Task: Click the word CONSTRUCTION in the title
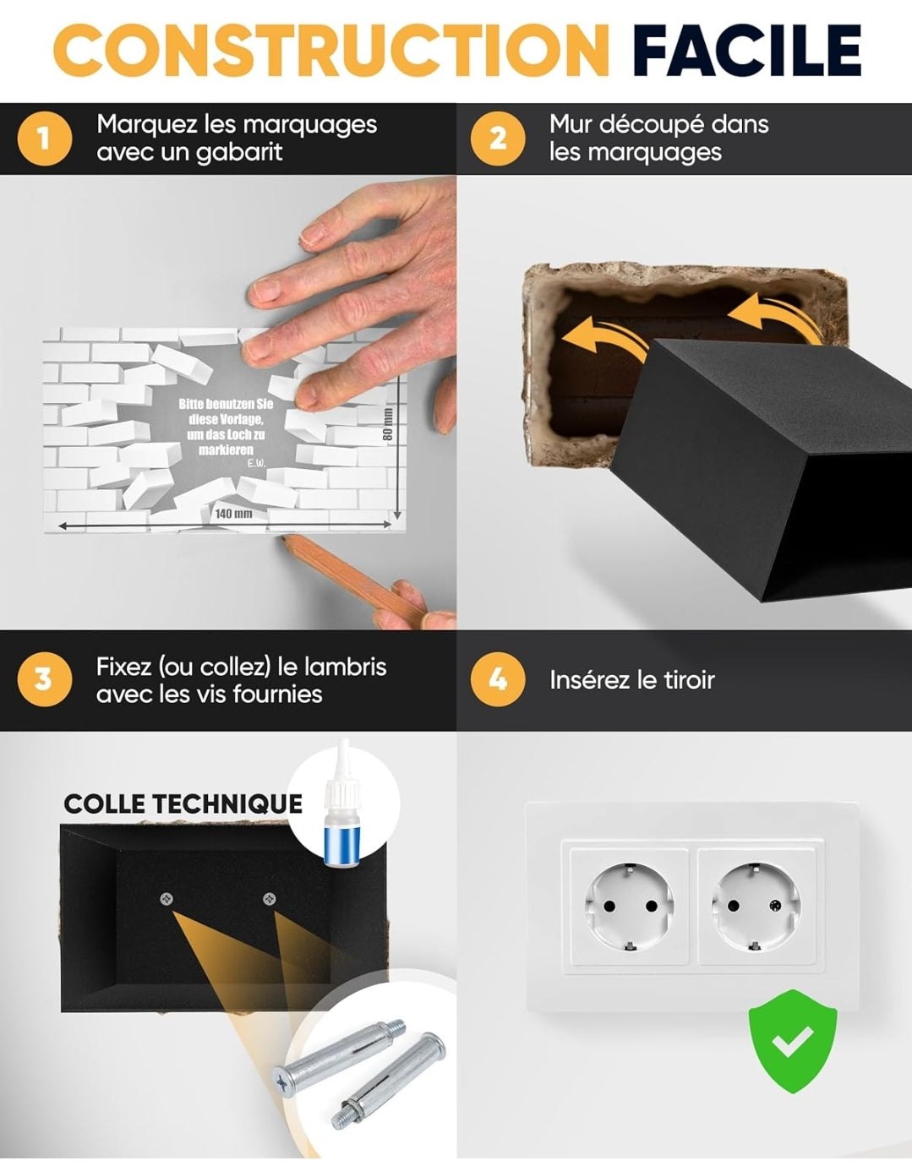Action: tap(331, 50)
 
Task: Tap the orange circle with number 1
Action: tap(45, 139)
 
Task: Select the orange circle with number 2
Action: tap(498, 139)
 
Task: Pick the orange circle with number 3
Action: tap(45, 679)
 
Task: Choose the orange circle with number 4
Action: tap(498, 679)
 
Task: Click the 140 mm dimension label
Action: tap(233, 514)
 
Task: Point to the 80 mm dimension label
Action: tap(388, 424)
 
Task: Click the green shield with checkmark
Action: tap(792, 1042)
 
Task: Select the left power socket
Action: tap(630, 907)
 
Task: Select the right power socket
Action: tap(756, 907)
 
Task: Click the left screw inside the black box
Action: tap(167, 899)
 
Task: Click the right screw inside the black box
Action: tap(269, 898)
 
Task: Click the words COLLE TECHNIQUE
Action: tap(183, 804)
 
